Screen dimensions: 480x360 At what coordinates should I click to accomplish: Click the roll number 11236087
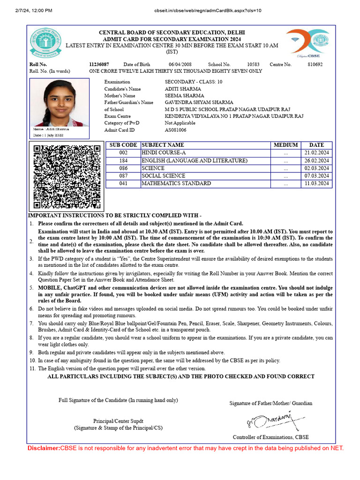(x=99, y=64)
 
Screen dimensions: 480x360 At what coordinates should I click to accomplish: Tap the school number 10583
(x=253, y=64)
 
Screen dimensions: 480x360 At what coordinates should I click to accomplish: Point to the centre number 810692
(x=315, y=64)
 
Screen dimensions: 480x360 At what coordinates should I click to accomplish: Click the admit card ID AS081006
(x=175, y=130)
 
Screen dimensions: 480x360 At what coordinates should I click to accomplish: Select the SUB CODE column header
(x=123, y=145)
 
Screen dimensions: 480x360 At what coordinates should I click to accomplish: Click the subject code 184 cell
(x=123, y=161)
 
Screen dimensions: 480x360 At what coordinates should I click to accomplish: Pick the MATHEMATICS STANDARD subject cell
(x=176, y=184)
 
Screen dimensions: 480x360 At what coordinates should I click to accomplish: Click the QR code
(x=67, y=177)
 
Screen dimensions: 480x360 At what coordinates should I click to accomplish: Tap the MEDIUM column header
(x=286, y=145)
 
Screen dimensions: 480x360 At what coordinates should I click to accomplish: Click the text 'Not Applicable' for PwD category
(x=180, y=123)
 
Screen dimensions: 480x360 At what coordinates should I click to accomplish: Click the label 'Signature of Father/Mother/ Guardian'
(x=270, y=403)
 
